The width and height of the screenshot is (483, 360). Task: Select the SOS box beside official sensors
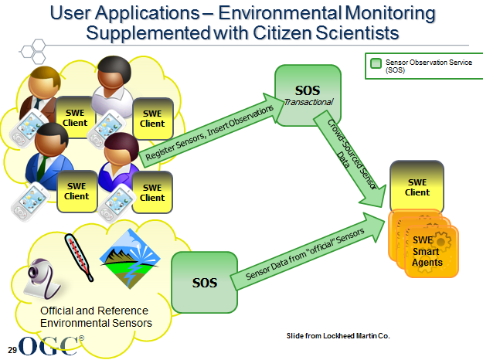pyautogui.click(x=205, y=280)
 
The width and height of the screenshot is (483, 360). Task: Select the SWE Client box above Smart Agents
pyautogui.click(x=417, y=185)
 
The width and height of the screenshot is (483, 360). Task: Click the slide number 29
pyautogui.click(x=12, y=341)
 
